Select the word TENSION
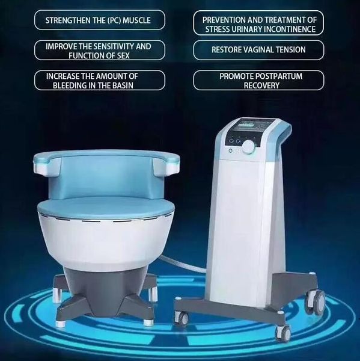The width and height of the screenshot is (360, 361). tap(288, 50)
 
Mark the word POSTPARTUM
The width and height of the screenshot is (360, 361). tap(284, 76)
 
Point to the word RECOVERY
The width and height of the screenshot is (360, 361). tap(258, 85)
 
